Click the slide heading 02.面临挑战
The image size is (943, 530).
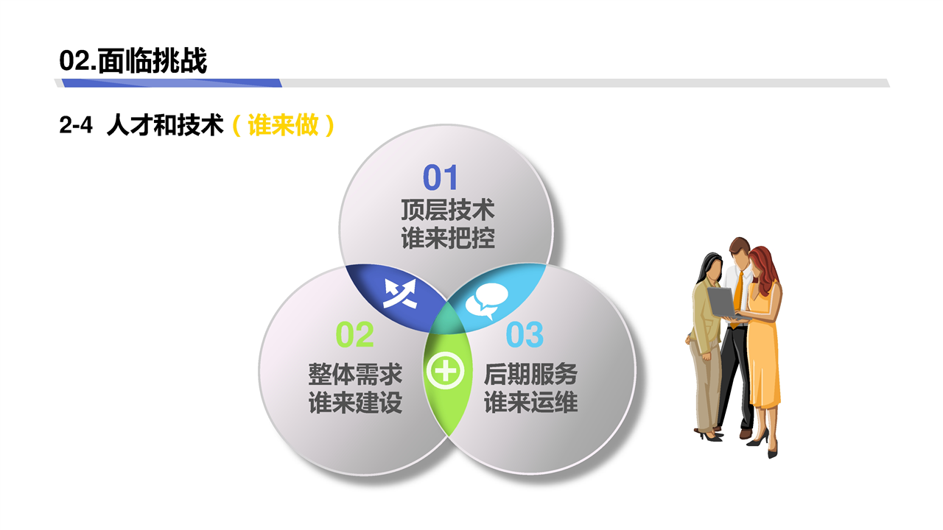tap(133, 61)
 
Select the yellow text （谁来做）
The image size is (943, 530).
tap(283, 125)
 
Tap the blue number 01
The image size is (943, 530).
tap(440, 177)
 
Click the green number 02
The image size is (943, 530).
tap(354, 335)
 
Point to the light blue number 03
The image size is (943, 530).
tap(525, 335)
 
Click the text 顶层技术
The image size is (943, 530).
tap(447, 211)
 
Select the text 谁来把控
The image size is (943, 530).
tap(447, 238)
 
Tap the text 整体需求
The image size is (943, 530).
tap(355, 375)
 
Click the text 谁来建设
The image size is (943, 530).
tap(355, 403)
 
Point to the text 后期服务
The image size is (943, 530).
tap(530, 375)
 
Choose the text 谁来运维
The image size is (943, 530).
tap(530, 403)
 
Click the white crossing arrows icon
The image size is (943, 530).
tap(400, 294)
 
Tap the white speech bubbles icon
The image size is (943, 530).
tap(486, 300)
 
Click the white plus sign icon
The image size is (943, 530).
tap(446, 372)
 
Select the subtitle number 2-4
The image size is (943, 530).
tap(76, 125)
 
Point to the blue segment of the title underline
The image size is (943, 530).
tap(172, 83)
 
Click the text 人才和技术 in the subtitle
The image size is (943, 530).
tap(165, 125)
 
